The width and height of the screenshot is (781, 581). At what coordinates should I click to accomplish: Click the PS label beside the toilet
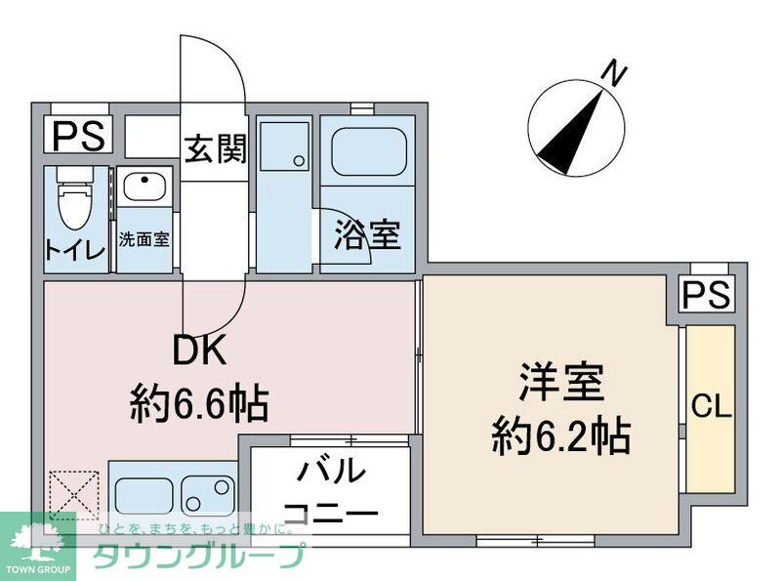(77, 136)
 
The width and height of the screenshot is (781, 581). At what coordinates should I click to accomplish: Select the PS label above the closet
(707, 295)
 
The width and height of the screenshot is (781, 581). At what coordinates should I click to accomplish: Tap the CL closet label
(711, 407)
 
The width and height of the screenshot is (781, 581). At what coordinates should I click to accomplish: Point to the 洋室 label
(560, 382)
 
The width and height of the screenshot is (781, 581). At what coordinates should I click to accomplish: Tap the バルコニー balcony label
(329, 491)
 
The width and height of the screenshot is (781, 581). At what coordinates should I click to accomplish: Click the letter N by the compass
(613, 73)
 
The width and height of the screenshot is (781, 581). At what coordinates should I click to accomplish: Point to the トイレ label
(74, 250)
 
